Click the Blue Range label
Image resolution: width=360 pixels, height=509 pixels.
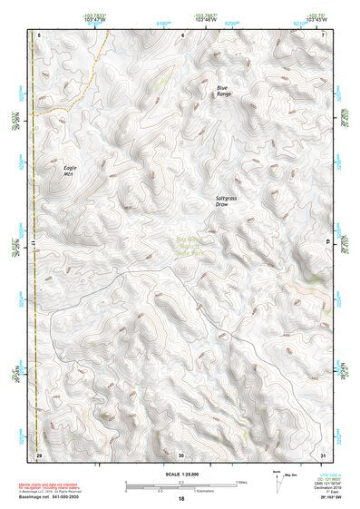(x=223, y=91)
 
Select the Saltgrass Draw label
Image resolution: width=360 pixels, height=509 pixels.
(x=226, y=201)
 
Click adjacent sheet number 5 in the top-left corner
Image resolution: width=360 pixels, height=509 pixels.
(x=39, y=34)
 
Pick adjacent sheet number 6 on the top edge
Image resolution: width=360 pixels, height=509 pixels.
(x=181, y=34)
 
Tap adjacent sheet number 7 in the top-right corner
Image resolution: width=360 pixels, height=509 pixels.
(x=324, y=34)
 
